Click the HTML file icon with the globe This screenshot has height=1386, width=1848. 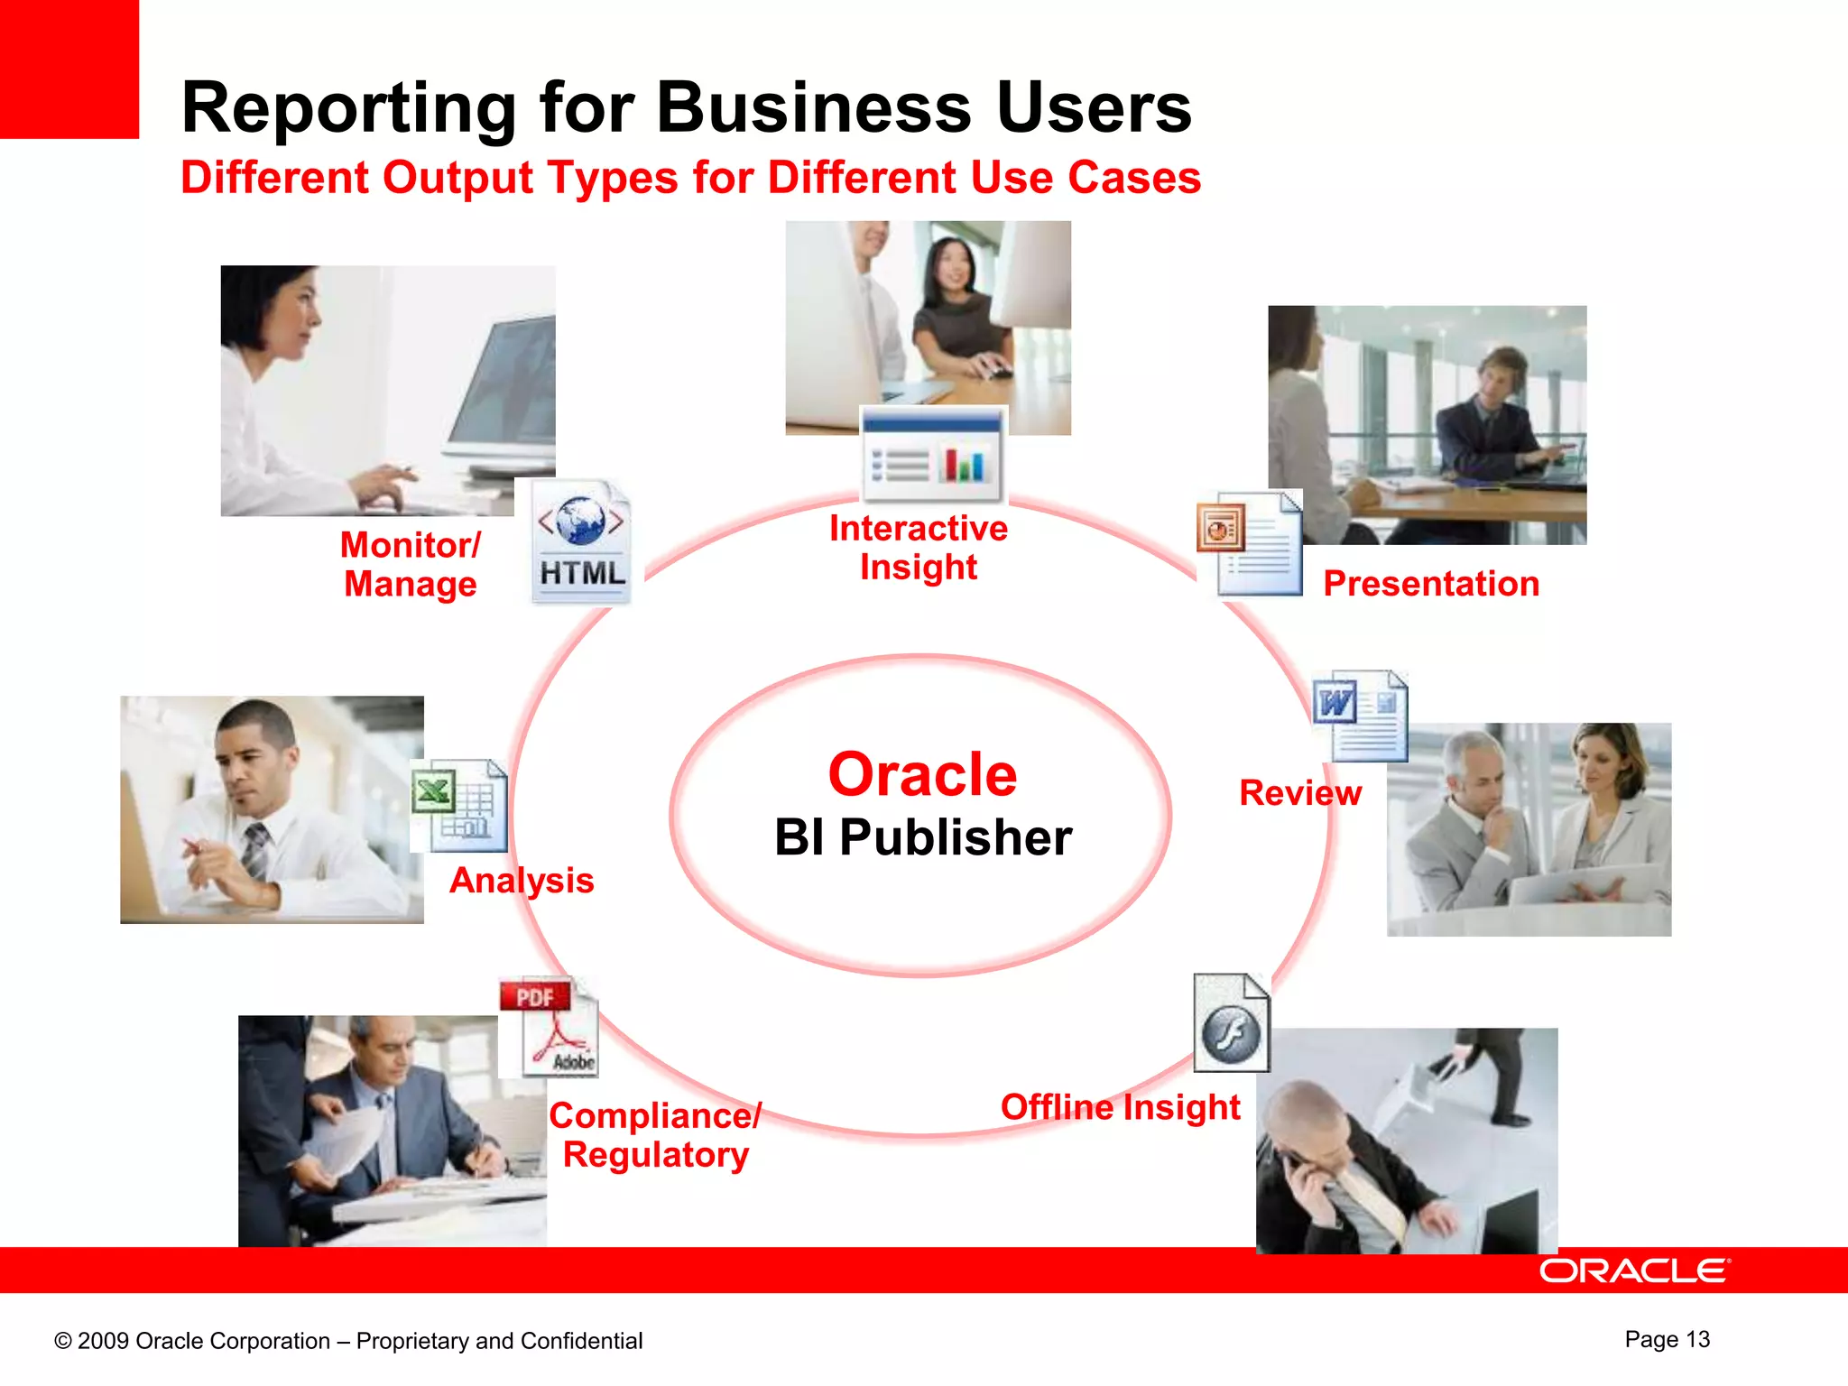click(581, 541)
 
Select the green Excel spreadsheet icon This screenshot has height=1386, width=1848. click(460, 805)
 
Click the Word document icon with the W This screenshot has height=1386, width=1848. click(1360, 716)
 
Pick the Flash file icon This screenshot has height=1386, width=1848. click(1232, 1023)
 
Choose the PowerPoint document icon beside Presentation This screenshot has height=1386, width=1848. click(1250, 543)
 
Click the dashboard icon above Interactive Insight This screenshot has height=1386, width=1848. click(932, 455)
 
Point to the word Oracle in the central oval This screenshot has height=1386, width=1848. click(922, 774)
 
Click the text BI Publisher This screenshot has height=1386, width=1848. click(922, 837)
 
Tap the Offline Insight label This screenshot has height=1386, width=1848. click(1120, 1107)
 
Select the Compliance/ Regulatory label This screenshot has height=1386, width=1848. click(656, 1135)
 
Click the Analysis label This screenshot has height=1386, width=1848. click(522, 880)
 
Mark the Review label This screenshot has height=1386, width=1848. click(1299, 792)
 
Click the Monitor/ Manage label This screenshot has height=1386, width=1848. click(411, 565)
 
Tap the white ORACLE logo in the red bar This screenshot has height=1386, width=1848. click(1633, 1270)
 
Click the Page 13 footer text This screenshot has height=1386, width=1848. click(1667, 1339)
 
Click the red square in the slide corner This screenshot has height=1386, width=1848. click(69, 69)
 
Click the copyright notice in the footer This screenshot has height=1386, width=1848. click(348, 1341)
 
